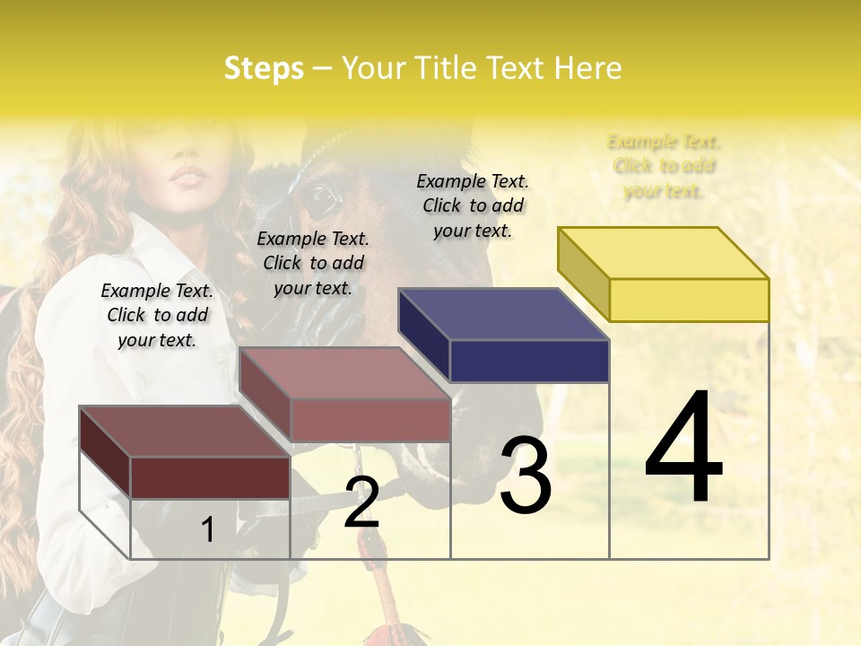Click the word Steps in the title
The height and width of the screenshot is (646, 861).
point(264,68)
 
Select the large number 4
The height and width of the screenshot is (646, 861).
point(683,449)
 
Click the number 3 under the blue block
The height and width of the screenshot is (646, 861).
point(526,476)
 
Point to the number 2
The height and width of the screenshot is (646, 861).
point(361,502)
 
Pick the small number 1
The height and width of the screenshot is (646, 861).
point(207,529)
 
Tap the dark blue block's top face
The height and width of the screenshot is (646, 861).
point(504,314)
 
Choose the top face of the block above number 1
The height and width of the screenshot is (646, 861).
point(185,432)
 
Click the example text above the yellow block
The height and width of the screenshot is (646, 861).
point(664,166)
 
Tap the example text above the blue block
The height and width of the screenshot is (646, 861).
point(473,205)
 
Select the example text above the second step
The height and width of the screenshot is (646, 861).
point(313,263)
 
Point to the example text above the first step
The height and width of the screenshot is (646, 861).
point(157,315)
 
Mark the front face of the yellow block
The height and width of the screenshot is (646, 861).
point(689,300)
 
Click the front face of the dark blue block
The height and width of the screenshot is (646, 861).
point(529,361)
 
